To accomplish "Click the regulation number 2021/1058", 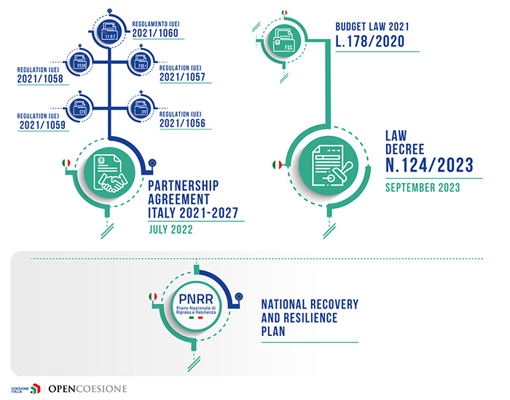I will point(38,79).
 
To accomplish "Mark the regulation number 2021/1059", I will point(38,124).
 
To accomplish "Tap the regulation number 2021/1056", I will point(181,124).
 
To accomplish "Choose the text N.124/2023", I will point(428,166).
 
